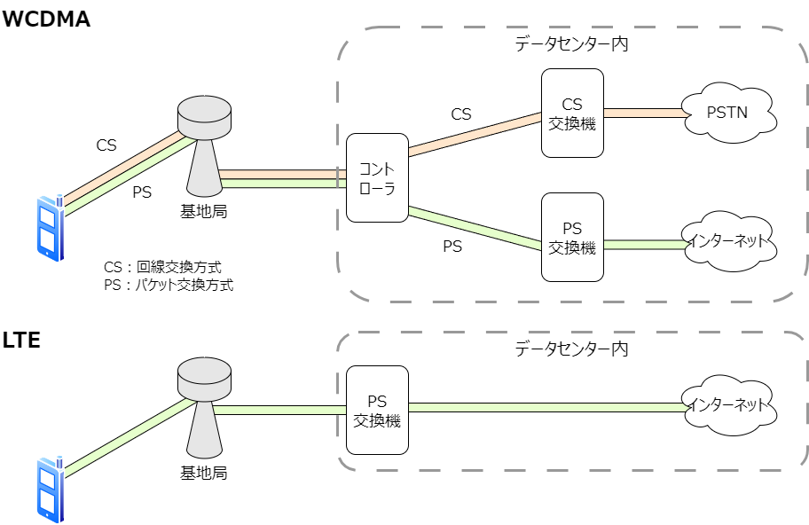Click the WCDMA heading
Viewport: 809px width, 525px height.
click(x=47, y=20)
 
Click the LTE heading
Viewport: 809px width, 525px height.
click(x=21, y=340)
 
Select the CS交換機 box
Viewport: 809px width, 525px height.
click(x=572, y=114)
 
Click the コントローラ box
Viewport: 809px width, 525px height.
click(x=377, y=177)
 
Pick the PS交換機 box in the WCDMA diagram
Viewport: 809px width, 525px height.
click(x=572, y=239)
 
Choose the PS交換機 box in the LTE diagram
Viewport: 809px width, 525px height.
click(x=377, y=411)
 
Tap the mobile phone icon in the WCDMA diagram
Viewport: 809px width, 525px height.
click(x=50, y=230)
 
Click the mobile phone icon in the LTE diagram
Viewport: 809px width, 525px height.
click(x=50, y=490)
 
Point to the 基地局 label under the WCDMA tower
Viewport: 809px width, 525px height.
click(x=203, y=210)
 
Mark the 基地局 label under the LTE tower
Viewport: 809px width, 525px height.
click(x=203, y=473)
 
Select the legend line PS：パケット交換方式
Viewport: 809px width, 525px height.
click(x=169, y=285)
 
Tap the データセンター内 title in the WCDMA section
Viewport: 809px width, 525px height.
click(x=571, y=43)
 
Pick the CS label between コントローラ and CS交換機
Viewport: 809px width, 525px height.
click(x=461, y=114)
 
